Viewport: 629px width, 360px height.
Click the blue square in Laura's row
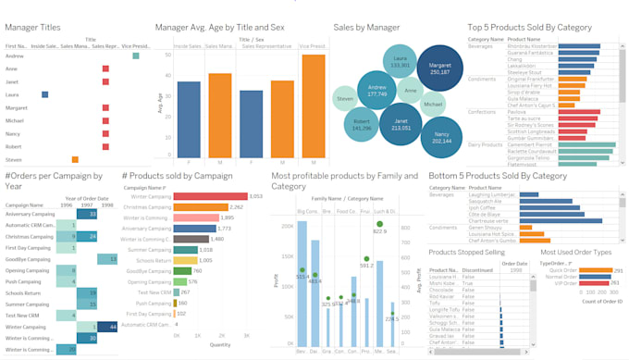pyautogui.click(x=44, y=94)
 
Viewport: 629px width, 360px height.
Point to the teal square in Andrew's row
pyautogui.click(x=136, y=56)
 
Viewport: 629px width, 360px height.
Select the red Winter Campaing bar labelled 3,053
pyautogui.click(x=211, y=196)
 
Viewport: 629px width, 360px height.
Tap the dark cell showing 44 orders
pyautogui.click(x=109, y=327)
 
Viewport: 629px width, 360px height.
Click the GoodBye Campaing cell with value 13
pyautogui.click(x=108, y=259)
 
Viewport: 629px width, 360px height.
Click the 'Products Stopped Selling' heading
pyautogui.click(x=468, y=252)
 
